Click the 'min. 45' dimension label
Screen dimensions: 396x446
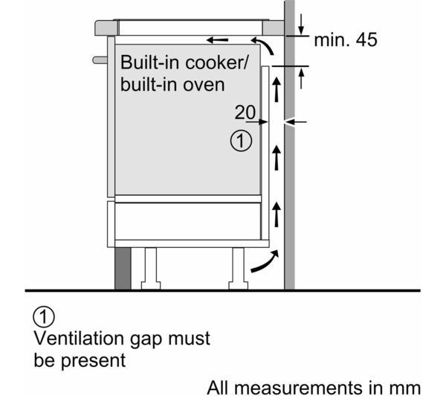[345, 40]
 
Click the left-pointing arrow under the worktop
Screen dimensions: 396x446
[218, 39]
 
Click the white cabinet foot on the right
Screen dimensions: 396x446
[239, 266]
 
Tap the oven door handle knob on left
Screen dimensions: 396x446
[99, 58]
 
